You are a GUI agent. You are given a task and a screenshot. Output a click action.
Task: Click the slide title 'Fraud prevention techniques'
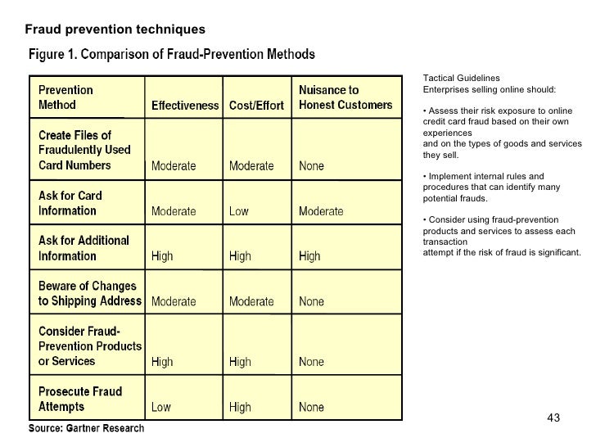point(115,30)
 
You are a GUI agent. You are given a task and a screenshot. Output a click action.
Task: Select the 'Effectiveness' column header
point(184,106)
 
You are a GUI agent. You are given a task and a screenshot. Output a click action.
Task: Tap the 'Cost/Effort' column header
point(256,106)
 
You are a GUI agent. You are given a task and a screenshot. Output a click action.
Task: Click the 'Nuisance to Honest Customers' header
point(340,97)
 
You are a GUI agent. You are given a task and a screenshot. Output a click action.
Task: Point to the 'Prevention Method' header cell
point(65,97)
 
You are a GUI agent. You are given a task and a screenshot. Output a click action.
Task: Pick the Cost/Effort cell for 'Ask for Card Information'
point(239,211)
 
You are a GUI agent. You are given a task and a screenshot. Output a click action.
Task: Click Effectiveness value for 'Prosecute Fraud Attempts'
point(161,406)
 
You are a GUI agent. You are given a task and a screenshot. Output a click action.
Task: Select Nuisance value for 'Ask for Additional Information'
point(309,256)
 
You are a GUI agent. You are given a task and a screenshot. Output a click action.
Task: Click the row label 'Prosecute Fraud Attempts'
point(80,399)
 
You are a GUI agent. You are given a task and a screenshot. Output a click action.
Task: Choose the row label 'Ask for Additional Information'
point(84,248)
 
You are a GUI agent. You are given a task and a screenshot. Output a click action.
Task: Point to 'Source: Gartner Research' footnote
point(87,428)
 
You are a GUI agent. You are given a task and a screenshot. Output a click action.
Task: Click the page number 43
point(553,419)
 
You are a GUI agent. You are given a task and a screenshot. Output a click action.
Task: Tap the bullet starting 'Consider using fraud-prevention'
point(501,236)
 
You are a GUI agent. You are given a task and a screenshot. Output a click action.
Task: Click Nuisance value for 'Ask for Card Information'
point(321,211)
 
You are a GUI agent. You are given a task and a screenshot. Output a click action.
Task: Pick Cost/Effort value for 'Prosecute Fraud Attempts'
point(240,406)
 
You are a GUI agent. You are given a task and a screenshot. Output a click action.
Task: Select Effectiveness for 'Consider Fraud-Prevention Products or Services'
point(162,361)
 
